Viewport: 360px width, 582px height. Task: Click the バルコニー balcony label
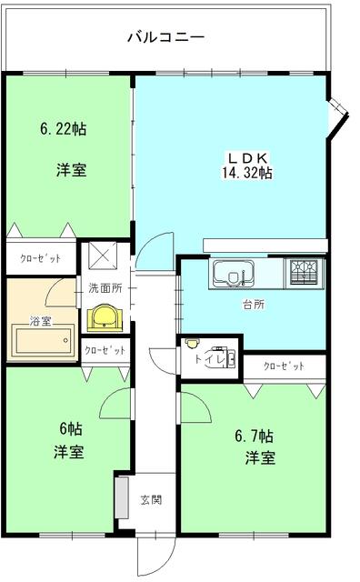pyautogui.click(x=165, y=37)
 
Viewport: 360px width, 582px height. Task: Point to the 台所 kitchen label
pyautogui.click(x=253, y=306)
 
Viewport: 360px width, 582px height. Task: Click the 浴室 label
pyautogui.click(x=40, y=321)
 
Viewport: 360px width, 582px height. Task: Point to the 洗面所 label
pyautogui.click(x=106, y=288)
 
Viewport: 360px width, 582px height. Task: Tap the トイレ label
pyautogui.click(x=208, y=358)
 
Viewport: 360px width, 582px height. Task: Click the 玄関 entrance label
pyautogui.click(x=151, y=499)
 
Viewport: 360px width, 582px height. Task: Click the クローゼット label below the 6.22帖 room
pyautogui.click(x=41, y=258)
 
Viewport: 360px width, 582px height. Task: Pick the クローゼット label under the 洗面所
pyautogui.click(x=106, y=349)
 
